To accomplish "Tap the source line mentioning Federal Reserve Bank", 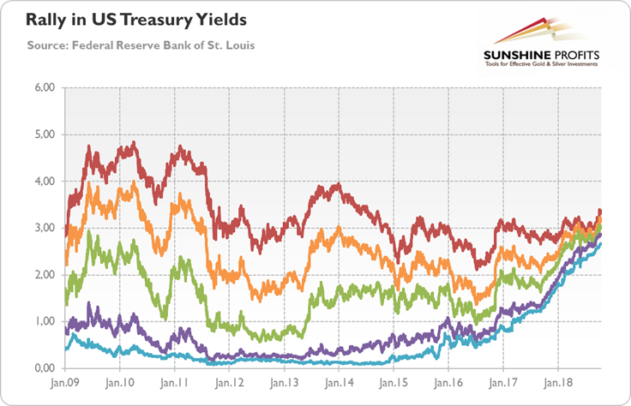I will tap(123, 43).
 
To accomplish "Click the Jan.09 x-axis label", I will tap(65, 385).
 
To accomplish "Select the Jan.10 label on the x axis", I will tap(120, 385).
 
